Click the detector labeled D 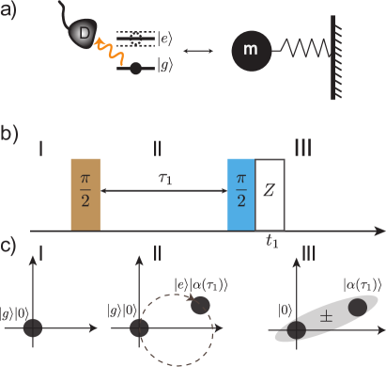click(x=84, y=35)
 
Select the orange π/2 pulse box click(x=85, y=195)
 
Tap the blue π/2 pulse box click(x=241, y=195)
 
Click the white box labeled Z click(x=270, y=195)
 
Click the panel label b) click(x=8, y=134)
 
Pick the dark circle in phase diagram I click(x=34, y=327)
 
